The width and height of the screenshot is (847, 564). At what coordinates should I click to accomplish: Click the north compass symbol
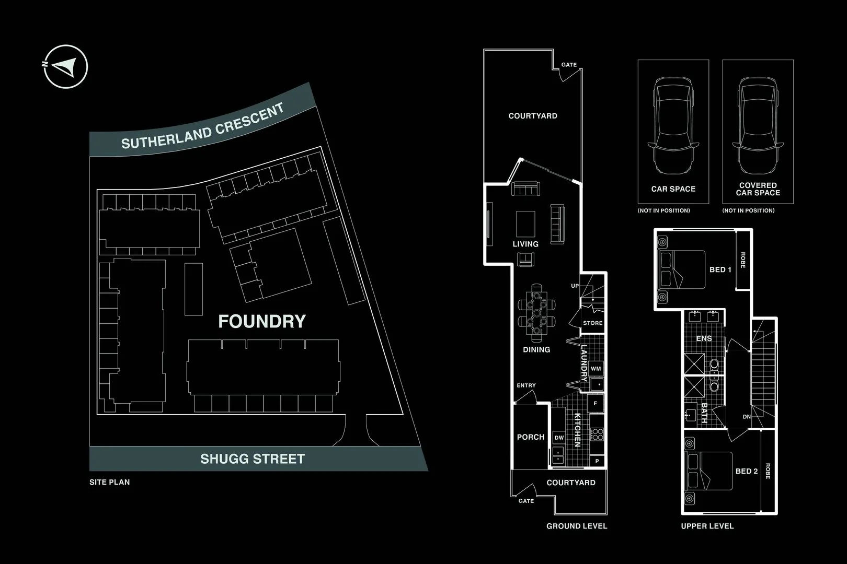pyautogui.click(x=65, y=66)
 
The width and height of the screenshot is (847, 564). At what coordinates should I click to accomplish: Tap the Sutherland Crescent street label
pyautogui.click(x=202, y=126)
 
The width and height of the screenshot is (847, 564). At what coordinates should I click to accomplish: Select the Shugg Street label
pyautogui.click(x=252, y=459)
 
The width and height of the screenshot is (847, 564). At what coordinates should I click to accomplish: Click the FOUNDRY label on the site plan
pyautogui.click(x=261, y=322)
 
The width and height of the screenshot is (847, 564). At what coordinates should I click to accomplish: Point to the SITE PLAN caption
pyautogui.click(x=110, y=482)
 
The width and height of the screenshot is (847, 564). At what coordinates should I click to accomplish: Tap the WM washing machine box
pyautogui.click(x=596, y=369)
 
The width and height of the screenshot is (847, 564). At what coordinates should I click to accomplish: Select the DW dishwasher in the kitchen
pyautogui.click(x=559, y=438)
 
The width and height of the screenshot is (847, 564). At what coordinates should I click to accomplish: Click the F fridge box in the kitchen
pyautogui.click(x=595, y=404)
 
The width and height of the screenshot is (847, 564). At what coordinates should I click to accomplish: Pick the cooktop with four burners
pyautogui.click(x=597, y=434)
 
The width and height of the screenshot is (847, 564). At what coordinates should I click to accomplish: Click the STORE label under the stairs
pyautogui.click(x=592, y=323)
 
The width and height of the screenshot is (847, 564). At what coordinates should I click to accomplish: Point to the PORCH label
pyautogui.click(x=531, y=437)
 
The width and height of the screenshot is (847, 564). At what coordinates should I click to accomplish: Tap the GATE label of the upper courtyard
pyautogui.click(x=569, y=65)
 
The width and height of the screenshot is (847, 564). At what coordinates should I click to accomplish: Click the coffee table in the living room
pyautogui.click(x=525, y=224)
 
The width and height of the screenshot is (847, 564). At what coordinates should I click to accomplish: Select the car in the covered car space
pyautogui.click(x=758, y=126)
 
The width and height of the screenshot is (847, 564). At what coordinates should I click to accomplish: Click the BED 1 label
pyautogui.click(x=720, y=269)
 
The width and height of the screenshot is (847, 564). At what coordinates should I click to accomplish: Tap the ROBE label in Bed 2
pyautogui.click(x=768, y=471)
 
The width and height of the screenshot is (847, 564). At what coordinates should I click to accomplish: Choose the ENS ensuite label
pyautogui.click(x=704, y=338)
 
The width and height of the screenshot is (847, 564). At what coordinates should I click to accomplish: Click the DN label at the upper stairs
pyautogui.click(x=747, y=417)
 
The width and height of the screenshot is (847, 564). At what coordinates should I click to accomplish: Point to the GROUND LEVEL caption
pyautogui.click(x=577, y=526)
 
